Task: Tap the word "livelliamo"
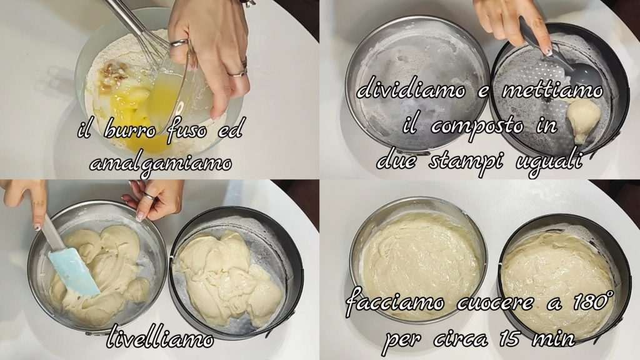click(x=160, y=338)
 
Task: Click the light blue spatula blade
click(x=74, y=272)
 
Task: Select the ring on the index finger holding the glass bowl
click(x=179, y=43)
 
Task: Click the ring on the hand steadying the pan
click(x=149, y=196)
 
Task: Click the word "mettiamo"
click(x=552, y=90)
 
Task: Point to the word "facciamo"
click(x=396, y=302)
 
